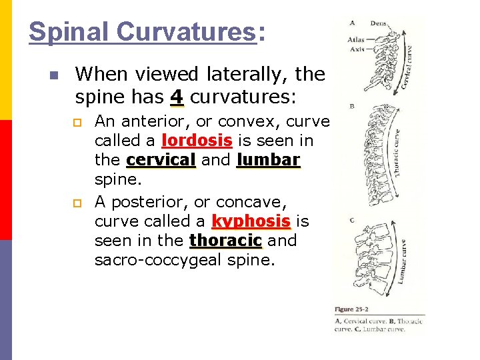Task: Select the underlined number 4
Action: tap(176, 97)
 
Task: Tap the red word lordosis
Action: tap(197, 141)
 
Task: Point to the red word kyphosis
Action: tap(251, 221)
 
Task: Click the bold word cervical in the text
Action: tap(161, 161)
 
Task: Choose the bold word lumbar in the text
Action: tap(269, 161)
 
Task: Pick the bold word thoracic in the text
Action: tap(226, 240)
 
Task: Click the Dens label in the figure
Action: tap(378, 24)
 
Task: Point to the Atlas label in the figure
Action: tap(356, 39)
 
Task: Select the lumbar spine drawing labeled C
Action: tap(380, 260)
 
